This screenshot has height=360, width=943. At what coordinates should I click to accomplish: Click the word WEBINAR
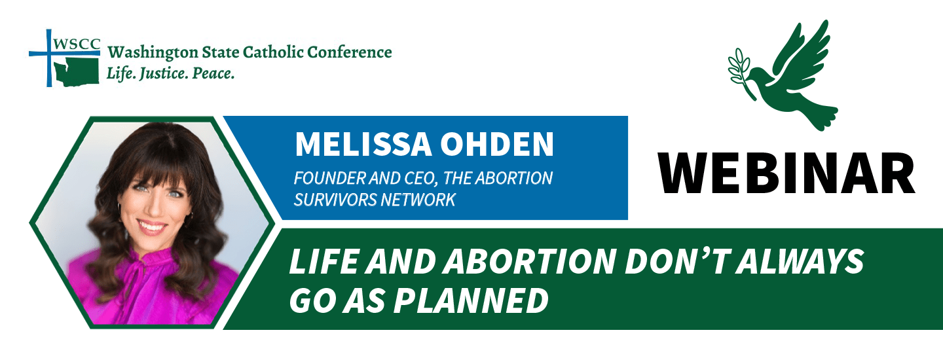pyautogui.click(x=786, y=173)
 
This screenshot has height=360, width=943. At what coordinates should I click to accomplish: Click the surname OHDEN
pyautogui.click(x=497, y=145)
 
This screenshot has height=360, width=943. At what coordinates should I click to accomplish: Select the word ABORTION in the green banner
pyautogui.click(x=529, y=262)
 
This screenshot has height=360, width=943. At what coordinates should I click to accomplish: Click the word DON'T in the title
pyautogui.click(x=677, y=262)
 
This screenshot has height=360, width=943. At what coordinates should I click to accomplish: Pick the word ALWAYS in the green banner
pyautogui.click(x=799, y=262)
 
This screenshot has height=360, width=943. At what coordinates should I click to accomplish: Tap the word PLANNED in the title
pyautogui.click(x=471, y=300)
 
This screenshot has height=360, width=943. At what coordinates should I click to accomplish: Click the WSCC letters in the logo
pyautogui.click(x=77, y=44)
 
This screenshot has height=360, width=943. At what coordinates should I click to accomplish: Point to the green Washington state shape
pyautogui.click(x=76, y=72)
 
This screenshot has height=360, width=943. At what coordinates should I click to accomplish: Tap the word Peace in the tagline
pyautogui.click(x=213, y=73)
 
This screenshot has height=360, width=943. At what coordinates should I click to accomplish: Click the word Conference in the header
pyautogui.click(x=350, y=52)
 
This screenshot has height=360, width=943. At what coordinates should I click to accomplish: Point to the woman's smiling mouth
pyautogui.click(x=152, y=227)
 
